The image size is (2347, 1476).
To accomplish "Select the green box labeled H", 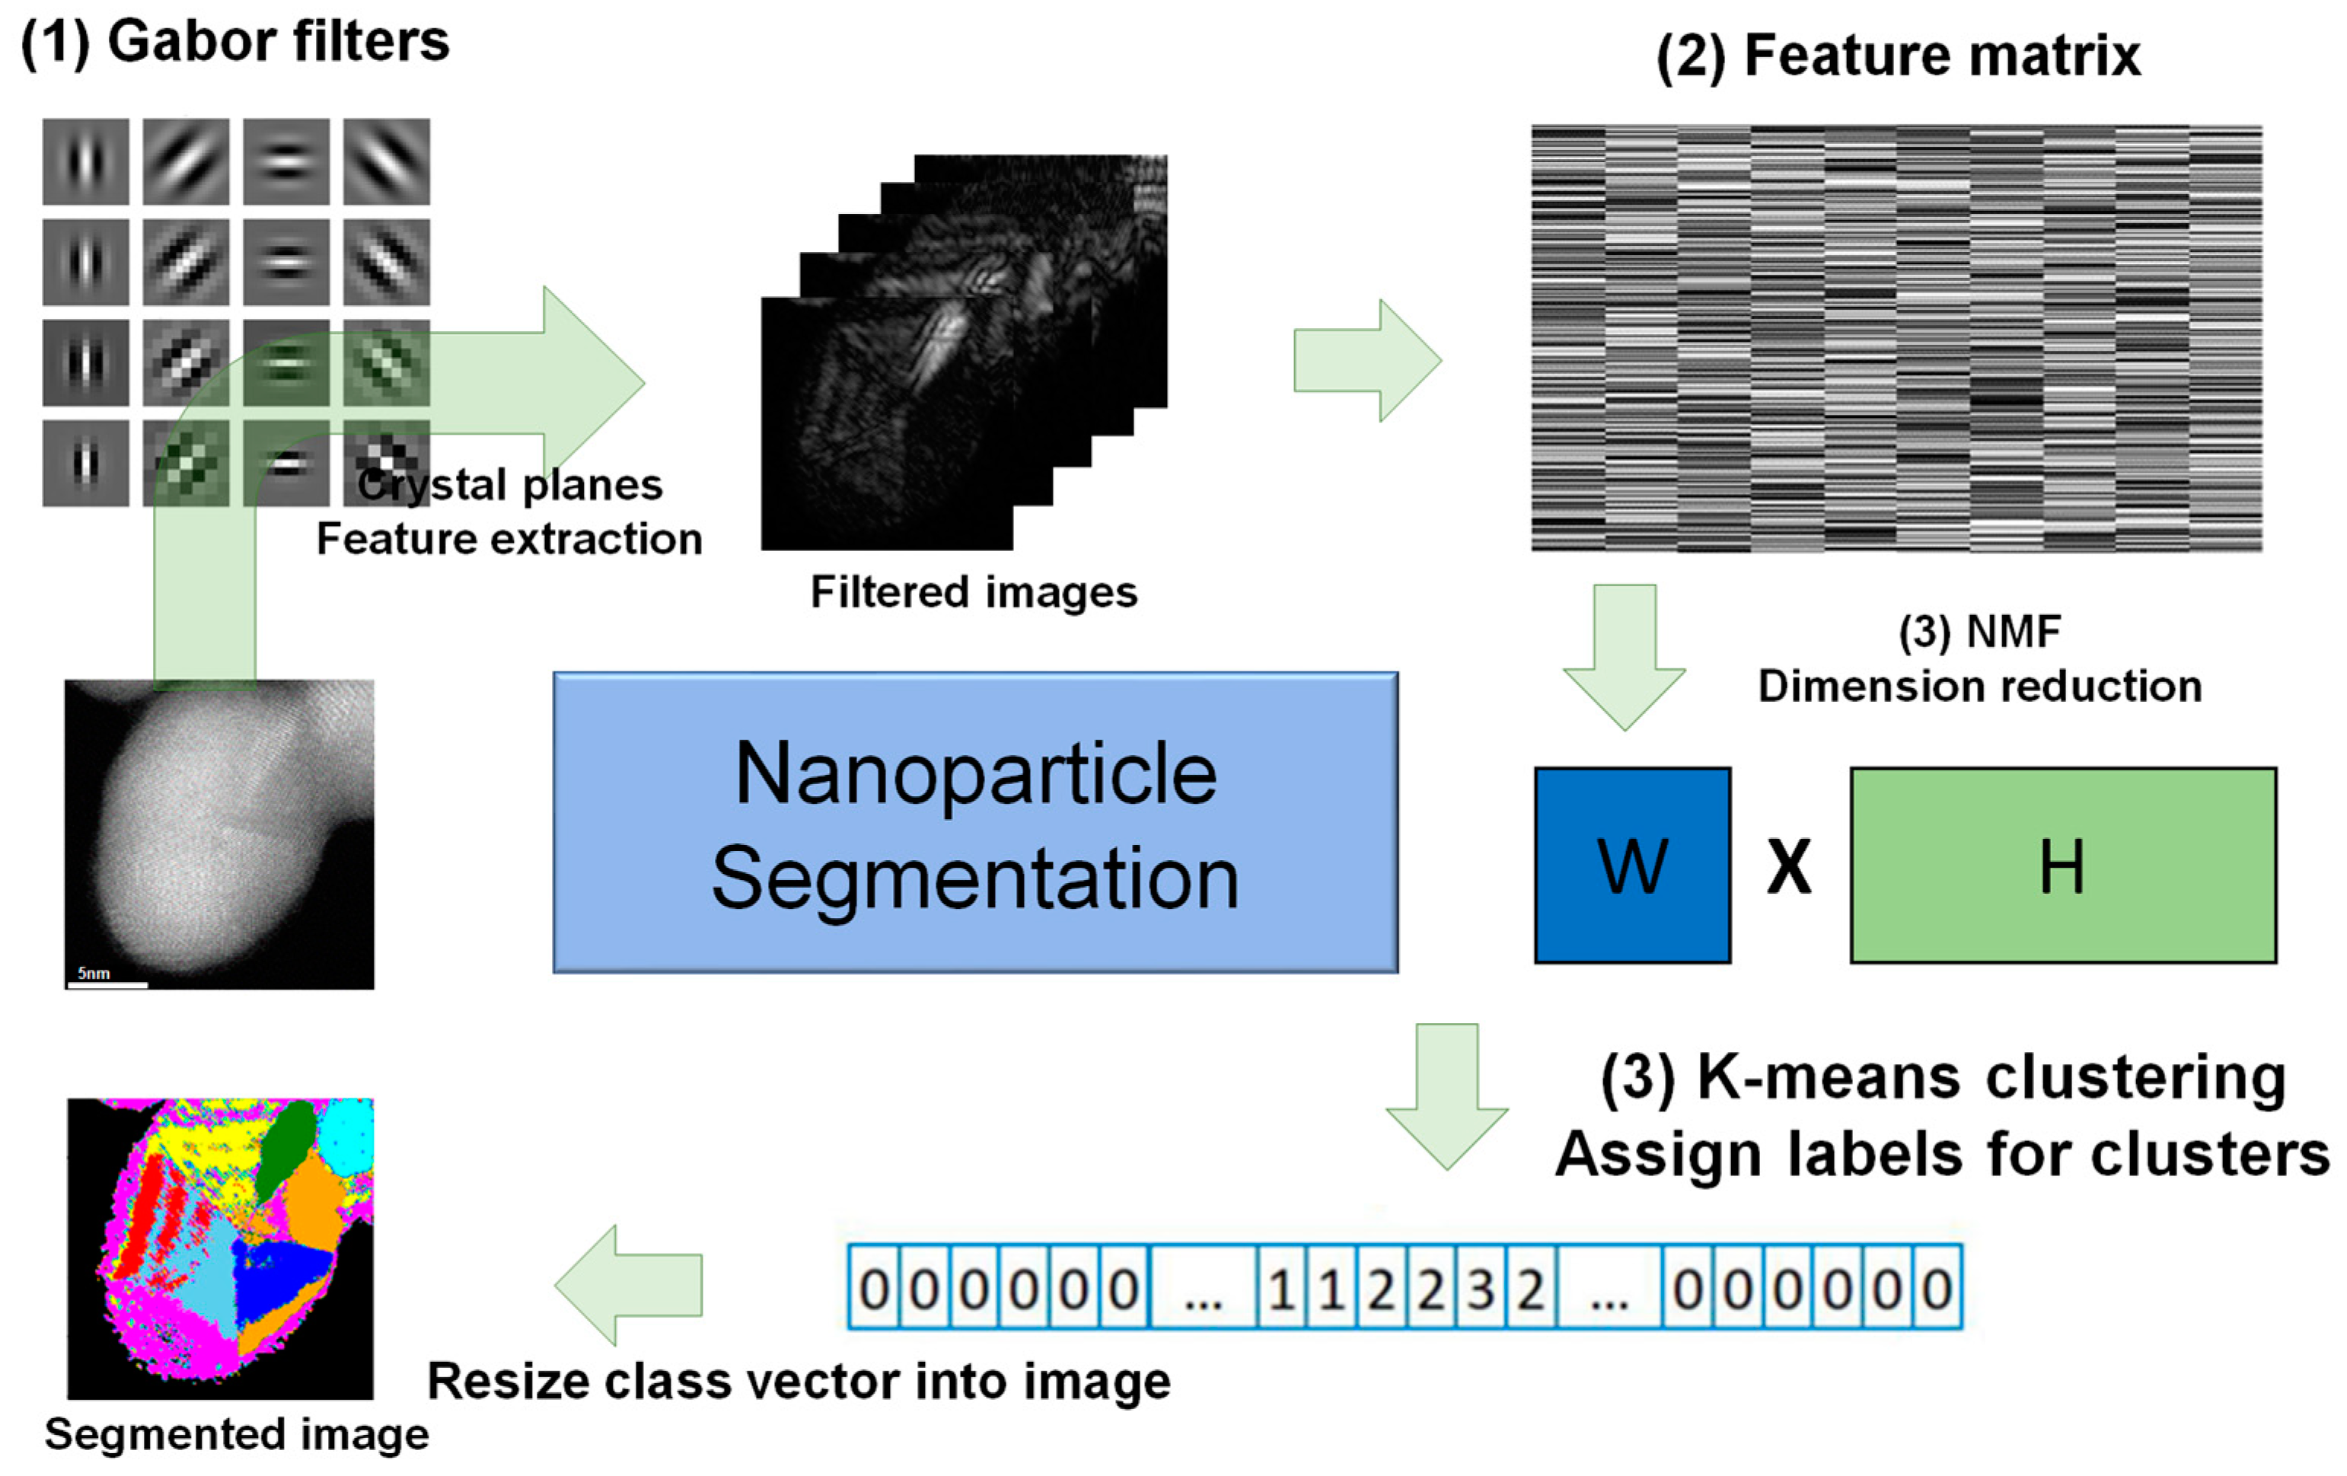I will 2062,866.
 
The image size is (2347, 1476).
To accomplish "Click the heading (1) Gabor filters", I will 235,43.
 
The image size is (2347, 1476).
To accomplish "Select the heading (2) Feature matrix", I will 1898,56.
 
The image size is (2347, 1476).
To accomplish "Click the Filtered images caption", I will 974,591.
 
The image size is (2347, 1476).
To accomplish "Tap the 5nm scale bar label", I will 94,973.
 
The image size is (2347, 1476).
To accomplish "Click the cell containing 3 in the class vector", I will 1480,1289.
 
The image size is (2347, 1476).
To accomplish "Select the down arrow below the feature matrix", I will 1624,656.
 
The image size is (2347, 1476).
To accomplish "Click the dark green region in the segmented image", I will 289,1150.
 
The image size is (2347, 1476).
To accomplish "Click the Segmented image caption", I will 236,1434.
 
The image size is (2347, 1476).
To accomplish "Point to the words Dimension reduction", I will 1979,687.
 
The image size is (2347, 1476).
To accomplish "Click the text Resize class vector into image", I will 799,1382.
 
